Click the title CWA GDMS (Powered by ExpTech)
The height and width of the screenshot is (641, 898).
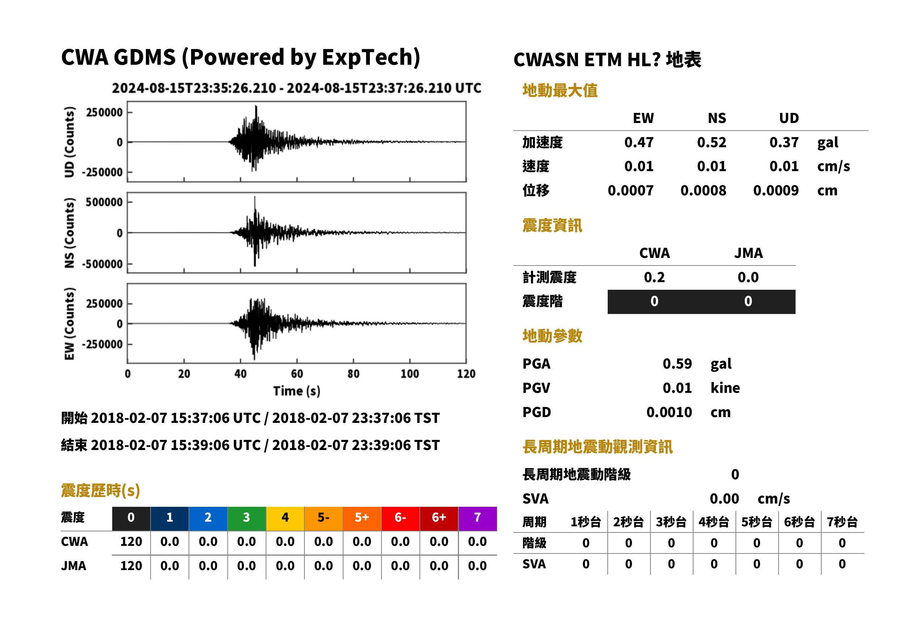click(240, 58)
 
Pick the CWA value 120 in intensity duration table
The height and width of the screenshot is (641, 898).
click(131, 542)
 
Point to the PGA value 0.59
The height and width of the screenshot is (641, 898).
click(677, 364)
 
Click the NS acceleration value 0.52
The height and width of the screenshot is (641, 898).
click(712, 142)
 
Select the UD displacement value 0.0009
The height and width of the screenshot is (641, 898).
click(776, 191)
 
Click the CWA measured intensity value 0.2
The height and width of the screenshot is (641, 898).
click(654, 277)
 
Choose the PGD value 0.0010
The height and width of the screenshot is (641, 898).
click(669, 412)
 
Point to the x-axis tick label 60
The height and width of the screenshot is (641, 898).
click(297, 374)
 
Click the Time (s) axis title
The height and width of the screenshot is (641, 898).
click(296, 391)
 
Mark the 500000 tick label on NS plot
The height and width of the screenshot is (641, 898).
click(104, 202)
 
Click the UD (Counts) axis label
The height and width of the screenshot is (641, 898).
click(69, 142)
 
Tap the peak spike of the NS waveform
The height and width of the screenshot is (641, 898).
click(255, 197)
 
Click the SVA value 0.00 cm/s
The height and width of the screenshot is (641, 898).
click(750, 498)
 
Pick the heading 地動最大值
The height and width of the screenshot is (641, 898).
click(560, 90)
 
